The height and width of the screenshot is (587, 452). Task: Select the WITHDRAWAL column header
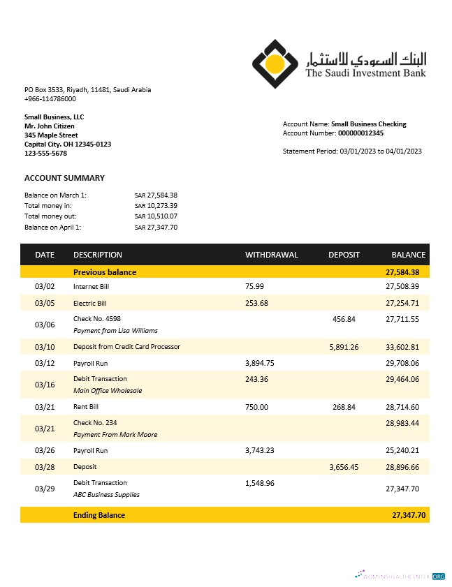271,255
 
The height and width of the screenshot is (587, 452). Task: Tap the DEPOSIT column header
344,255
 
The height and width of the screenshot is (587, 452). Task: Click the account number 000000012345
360,133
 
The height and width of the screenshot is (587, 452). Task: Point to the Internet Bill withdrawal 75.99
255,286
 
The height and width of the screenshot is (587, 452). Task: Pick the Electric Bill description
90,304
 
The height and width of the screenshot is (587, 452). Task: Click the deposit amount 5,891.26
344,347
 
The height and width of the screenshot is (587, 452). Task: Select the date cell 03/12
44,364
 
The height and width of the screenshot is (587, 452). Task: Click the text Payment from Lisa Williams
115,331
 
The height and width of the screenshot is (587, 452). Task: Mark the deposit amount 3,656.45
344,467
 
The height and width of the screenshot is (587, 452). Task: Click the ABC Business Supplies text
106,495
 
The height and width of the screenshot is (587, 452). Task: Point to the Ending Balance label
99,515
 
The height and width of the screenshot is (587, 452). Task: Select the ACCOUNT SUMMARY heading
64,178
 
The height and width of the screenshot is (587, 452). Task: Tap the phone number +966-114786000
50,99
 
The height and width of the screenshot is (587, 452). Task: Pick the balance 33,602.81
402,347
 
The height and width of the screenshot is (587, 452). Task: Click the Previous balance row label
105,272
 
